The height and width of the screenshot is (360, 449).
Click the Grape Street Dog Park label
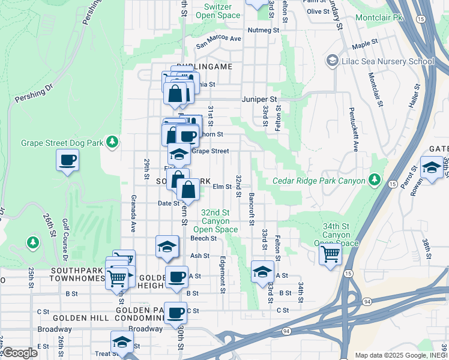(62, 143)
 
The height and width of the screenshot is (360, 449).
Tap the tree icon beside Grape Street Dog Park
(112, 142)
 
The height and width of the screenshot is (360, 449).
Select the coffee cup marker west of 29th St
(67, 160)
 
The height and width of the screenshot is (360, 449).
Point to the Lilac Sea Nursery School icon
(332, 61)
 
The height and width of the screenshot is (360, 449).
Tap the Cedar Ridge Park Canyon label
(319, 181)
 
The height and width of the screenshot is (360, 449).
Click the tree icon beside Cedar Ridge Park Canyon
(375, 179)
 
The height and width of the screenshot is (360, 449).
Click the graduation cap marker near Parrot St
(432, 167)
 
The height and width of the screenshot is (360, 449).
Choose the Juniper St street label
(259, 99)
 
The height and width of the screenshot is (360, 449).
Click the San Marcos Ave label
(219, 42)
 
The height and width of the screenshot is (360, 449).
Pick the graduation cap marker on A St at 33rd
(262, 272)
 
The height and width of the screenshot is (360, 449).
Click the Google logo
(20, 353)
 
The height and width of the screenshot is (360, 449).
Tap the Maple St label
(365, 44)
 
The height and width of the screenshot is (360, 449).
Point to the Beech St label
(203, 238)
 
